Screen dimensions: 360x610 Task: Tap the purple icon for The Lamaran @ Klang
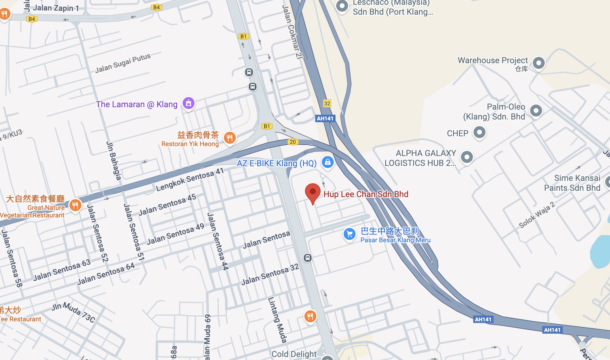189,103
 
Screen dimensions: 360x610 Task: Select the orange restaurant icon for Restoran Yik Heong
230,138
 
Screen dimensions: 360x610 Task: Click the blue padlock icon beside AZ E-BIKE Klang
327,162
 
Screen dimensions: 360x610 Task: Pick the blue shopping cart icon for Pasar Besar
349,234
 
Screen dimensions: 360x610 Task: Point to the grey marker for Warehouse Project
538,63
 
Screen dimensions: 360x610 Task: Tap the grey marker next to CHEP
479,132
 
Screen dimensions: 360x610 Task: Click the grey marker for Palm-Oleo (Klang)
536,111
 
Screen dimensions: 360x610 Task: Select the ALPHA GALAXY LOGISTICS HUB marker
467,157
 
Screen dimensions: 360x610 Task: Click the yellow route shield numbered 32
327,103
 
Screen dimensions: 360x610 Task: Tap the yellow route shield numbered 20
293,142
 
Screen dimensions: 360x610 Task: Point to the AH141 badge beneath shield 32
325,118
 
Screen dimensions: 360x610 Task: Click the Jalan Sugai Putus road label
123,63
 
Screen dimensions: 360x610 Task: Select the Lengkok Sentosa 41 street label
190,179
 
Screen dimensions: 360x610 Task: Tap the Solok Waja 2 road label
537,215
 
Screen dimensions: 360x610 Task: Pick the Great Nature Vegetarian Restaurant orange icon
75,205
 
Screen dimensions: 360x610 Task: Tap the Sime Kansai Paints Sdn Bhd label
572,183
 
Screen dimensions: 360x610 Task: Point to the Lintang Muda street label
277,320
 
